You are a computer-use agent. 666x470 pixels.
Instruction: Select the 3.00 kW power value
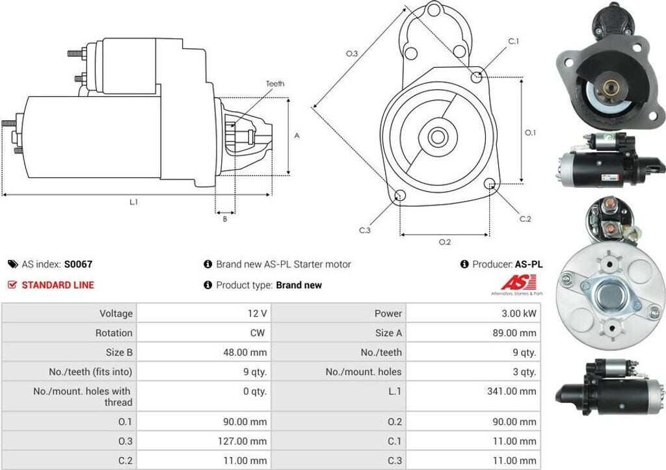[x=518, y=313]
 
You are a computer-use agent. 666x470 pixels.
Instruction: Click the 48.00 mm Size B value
[x=245, y=352]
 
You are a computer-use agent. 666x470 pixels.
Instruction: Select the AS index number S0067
[x=78, y=265]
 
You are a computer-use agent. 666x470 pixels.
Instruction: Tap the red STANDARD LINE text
[x=58, y=285]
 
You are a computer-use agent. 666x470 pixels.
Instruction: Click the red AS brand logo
[x=518, y=283]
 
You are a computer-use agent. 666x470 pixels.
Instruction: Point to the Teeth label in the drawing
[x=275, y=84]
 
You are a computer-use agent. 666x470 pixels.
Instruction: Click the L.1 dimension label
[x=133, y=202]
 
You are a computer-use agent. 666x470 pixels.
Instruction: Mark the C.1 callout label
[x=513, y=42]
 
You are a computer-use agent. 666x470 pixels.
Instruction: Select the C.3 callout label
[x=365, y=230]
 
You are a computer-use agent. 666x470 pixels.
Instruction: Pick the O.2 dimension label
[x=445, y=242]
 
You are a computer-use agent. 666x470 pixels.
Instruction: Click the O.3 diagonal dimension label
[x=352, y=54]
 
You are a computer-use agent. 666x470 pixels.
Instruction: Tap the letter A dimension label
[x=297, y=136]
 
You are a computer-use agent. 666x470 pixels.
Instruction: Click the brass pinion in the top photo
[x=611, y=86]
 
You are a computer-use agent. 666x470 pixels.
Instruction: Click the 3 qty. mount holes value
[x=524, y=372]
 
